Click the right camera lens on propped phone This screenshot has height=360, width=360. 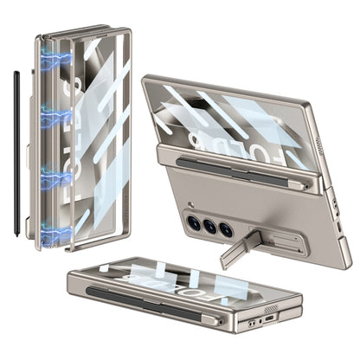pos(226,230)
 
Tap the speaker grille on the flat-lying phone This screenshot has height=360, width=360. pos(271,308)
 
